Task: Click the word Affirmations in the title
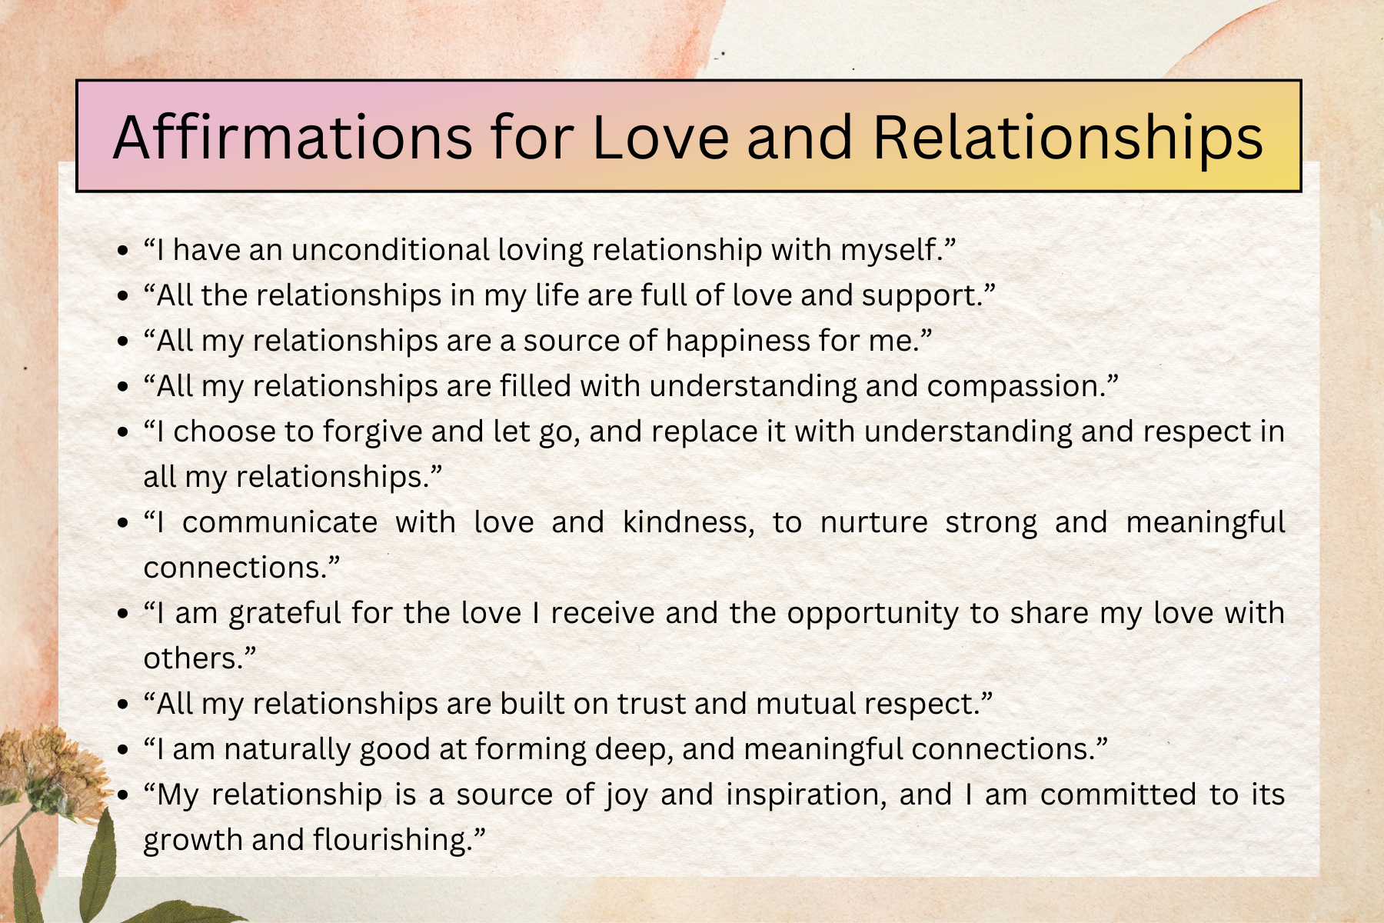coord(293,137)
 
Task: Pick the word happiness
coord(737,342)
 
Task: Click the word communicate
coord(280,522)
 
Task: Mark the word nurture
coord(874,523)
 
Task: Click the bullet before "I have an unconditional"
coord(123,251)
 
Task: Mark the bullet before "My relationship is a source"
coord(123,795)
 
